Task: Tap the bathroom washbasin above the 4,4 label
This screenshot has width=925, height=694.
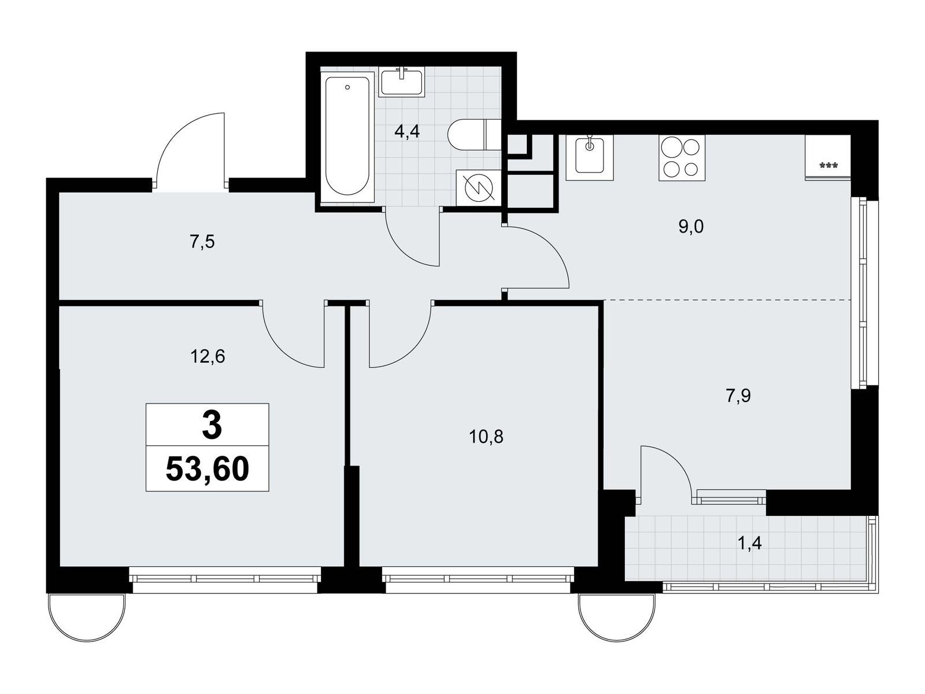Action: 402,83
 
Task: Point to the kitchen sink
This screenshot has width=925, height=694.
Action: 589,157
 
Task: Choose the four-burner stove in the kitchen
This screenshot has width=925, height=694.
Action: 682,157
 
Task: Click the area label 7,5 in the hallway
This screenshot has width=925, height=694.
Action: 202,242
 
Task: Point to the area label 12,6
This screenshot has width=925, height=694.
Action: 208,357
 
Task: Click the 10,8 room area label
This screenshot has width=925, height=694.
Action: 486,437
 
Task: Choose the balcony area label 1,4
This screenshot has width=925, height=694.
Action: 750,544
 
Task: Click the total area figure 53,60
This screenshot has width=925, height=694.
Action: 208,469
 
